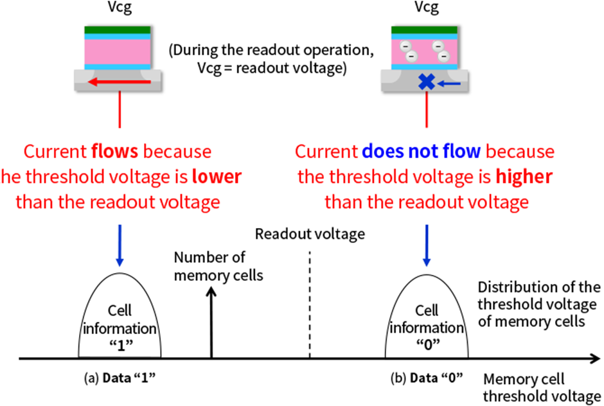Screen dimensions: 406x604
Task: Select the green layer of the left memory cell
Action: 118,30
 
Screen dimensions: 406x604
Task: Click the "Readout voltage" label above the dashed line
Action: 310,234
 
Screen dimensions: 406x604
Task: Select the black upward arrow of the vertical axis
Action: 211,321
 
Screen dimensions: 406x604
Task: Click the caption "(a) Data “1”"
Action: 120,377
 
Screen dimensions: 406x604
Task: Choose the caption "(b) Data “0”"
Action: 427,377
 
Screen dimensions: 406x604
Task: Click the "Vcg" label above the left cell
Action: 118,9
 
